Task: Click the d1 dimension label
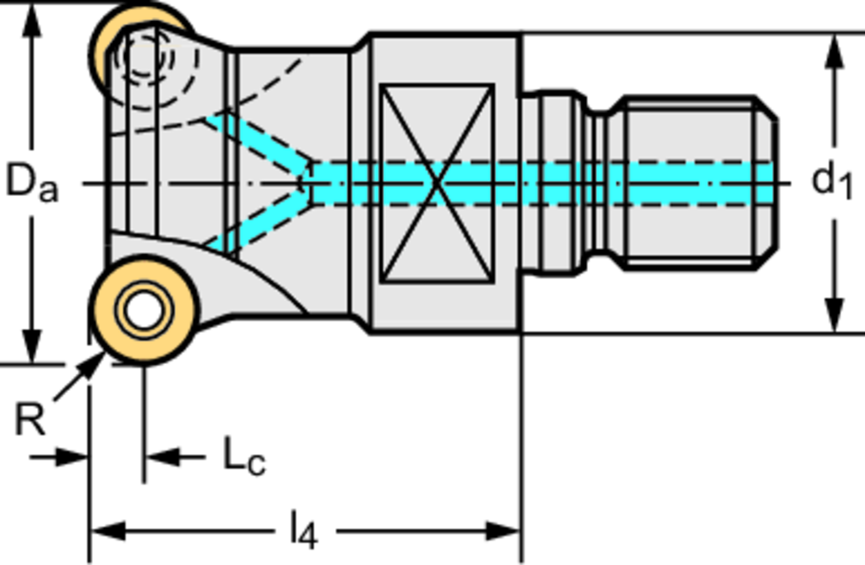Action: tap(832, 181)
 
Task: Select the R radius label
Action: tap(30, 420)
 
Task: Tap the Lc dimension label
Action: tap(244, 457)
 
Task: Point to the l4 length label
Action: tap(303, 532)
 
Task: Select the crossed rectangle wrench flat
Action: tap(436, 182)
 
